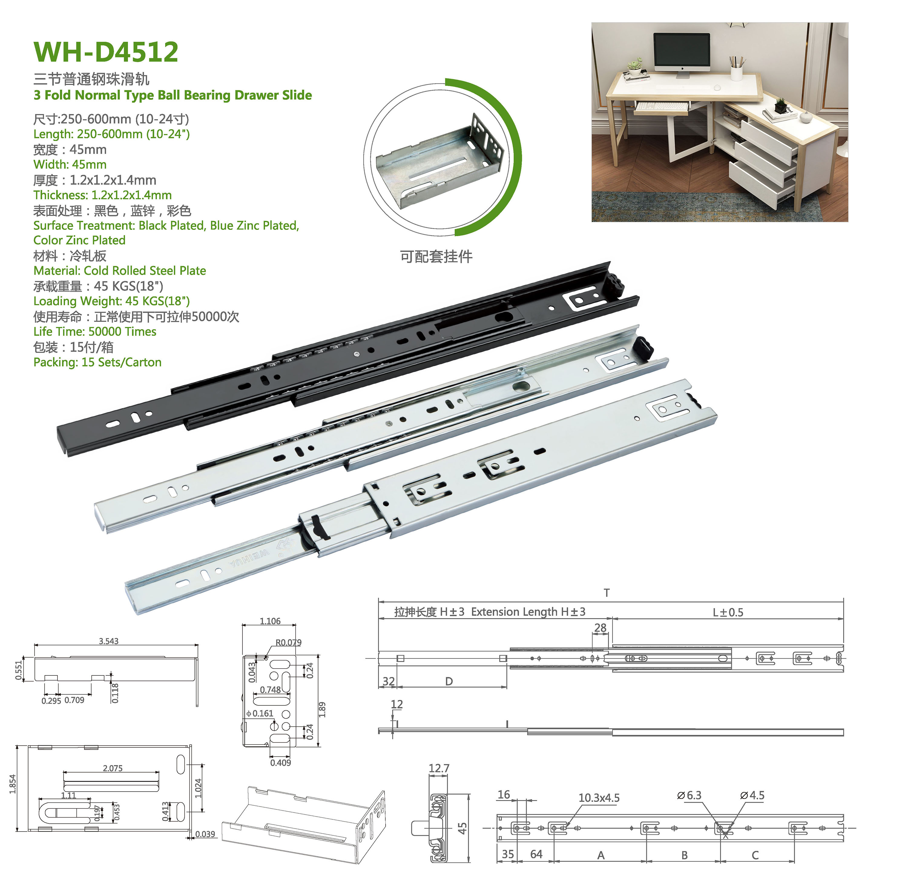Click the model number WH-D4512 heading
point(106,51)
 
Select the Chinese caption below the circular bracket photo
point(436,256)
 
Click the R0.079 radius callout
point(288,642)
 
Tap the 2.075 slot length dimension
point(113,768)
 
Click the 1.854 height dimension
point(13,784)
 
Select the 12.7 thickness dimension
point(439,768)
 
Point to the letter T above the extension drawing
point(607,593)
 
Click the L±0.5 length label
point(728,612)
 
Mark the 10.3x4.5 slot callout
point(599,798)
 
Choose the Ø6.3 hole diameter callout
point(689,795)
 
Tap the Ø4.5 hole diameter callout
point(752,795)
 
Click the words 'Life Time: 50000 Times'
point(95,332)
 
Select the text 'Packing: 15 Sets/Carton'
point(97,362)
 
